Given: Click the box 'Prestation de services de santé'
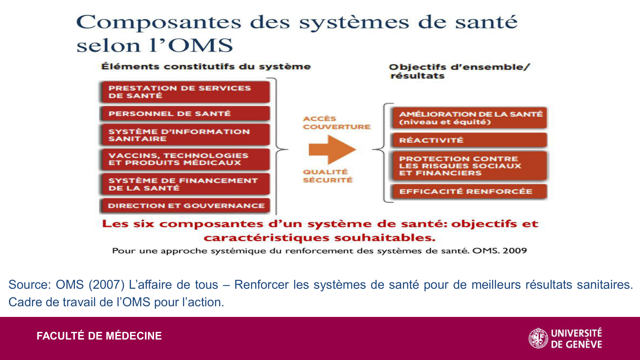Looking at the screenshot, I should click(185, 92).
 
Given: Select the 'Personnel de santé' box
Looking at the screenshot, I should click(185, 114).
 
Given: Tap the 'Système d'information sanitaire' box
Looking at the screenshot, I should click(185, 135).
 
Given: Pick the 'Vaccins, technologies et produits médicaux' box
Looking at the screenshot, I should click(185, 160).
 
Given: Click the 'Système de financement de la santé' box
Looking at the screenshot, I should click(185, 184).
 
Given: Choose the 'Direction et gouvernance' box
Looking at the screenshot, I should click(185, 206).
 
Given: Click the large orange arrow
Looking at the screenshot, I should click(332, 149).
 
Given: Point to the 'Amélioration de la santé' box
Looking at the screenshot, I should click(470, 118).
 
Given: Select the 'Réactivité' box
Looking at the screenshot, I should click(470, 140).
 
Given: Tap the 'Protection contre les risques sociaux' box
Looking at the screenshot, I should click(470, 166).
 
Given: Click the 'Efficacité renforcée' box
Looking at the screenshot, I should click(470, 192).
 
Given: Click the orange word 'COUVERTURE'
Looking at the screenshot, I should click(337, 127).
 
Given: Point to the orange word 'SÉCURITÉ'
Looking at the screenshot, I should click(328, 180).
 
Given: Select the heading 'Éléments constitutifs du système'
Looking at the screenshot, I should click(206, 67).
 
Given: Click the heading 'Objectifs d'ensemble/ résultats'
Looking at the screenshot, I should click(459, 71).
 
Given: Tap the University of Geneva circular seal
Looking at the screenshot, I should click(538, 338).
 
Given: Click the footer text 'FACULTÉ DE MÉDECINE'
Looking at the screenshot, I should click(99, 336).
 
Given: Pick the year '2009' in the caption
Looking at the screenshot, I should click(515, 251).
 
